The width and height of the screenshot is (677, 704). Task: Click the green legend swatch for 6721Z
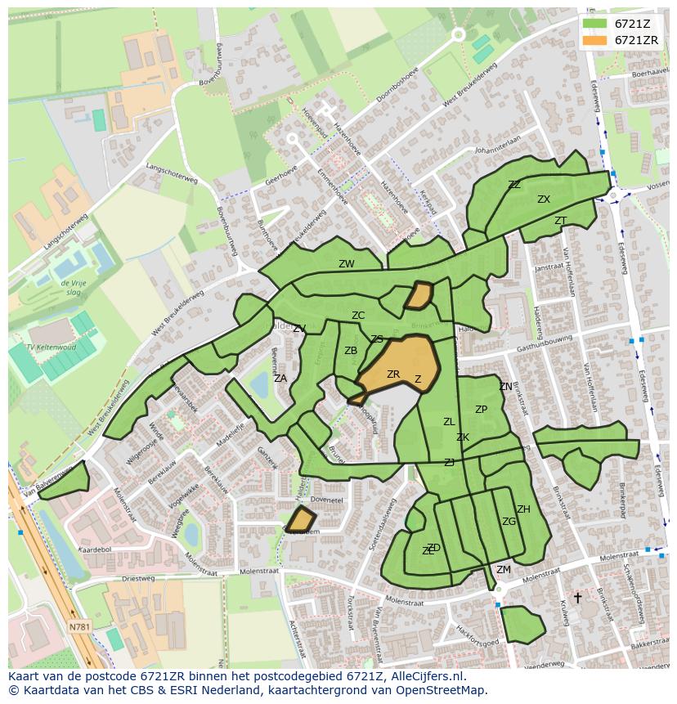[594, 24]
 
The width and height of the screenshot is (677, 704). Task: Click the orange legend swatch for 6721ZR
[594, 40]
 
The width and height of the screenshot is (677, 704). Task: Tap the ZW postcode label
[347, 264]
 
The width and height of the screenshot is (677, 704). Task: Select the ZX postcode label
[544, 200]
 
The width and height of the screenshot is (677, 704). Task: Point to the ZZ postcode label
[514, 185]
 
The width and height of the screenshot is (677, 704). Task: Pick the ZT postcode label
[560, 221]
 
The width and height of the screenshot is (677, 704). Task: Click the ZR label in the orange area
[393, 374]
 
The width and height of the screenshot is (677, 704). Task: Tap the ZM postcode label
[504, 570]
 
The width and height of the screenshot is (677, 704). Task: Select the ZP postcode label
[481, 410]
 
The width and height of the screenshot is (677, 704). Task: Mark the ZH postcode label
[523, 509]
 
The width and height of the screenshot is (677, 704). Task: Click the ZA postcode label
[280, 379]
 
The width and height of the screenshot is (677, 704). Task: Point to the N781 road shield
[79, 627]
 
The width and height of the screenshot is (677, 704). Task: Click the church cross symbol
[577, 598]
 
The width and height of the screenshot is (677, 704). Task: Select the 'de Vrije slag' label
[74, 286]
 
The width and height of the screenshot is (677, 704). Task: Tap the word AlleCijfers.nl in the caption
[418, 676]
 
